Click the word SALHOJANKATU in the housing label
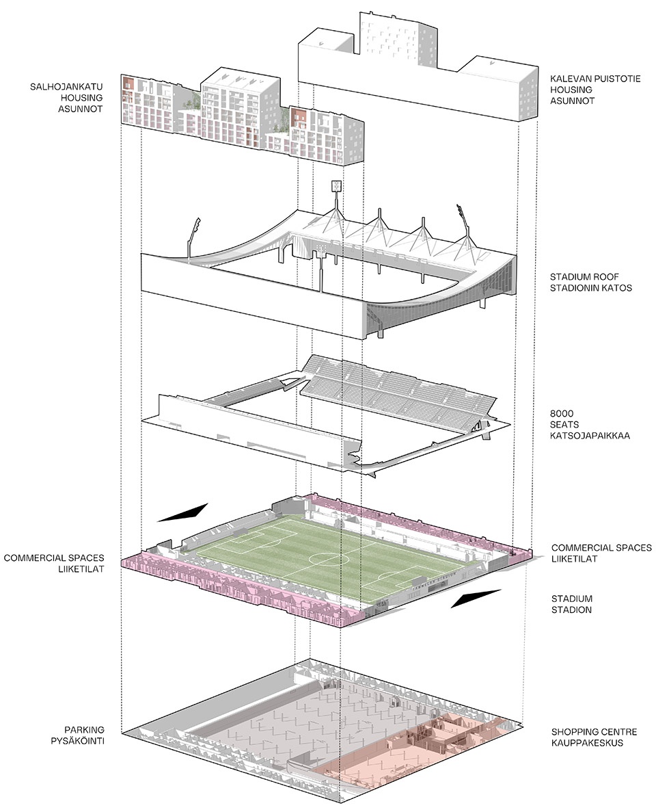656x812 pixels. [x=66, y=87]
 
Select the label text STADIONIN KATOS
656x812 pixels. [x=591, y=288]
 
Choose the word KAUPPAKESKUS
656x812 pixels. [x=587, y=742]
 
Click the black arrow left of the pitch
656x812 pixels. [x=182, y=512]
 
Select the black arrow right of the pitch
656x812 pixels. [x=476, y=600]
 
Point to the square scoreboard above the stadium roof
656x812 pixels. [x=336, y=186]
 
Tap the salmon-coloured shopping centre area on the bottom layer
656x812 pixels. [x=424, y=752]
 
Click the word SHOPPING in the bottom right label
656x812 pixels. [x=575, y=731]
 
